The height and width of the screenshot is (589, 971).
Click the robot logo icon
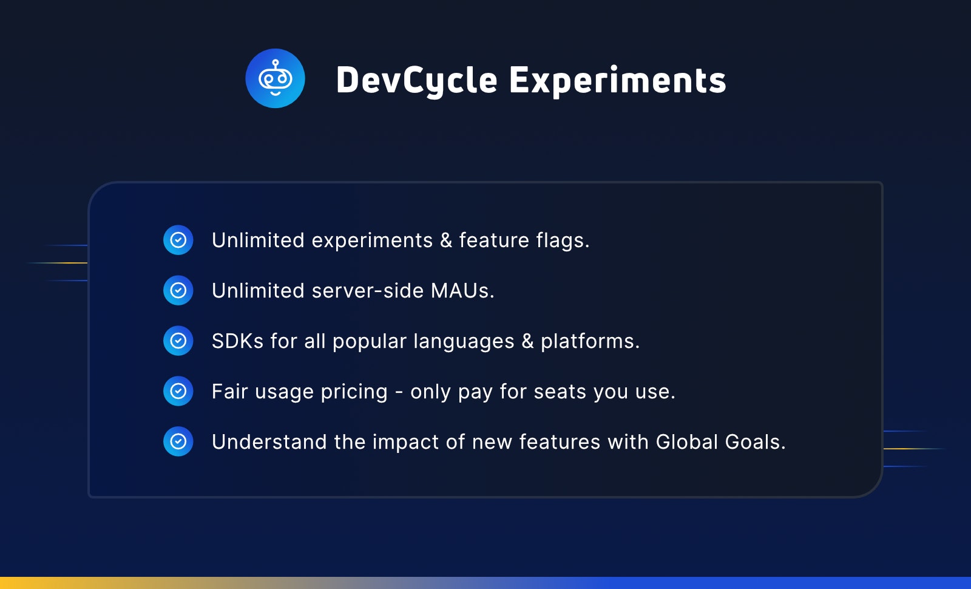(276, 78)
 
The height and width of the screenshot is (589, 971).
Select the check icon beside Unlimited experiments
(178, 240)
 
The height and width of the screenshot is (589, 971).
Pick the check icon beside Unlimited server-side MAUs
(178, 290)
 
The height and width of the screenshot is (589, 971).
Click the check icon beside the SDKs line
(178, 341)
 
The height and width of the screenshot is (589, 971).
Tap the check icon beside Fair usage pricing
(178, 391)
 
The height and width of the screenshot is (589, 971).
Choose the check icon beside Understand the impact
(178, 441)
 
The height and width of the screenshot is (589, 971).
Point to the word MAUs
(462, 291)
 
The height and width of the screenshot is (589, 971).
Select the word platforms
(590, 342)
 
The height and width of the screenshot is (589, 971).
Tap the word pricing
(354, 392)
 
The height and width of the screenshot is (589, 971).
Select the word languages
(464, 342)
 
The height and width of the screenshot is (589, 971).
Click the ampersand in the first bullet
(446, 240)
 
